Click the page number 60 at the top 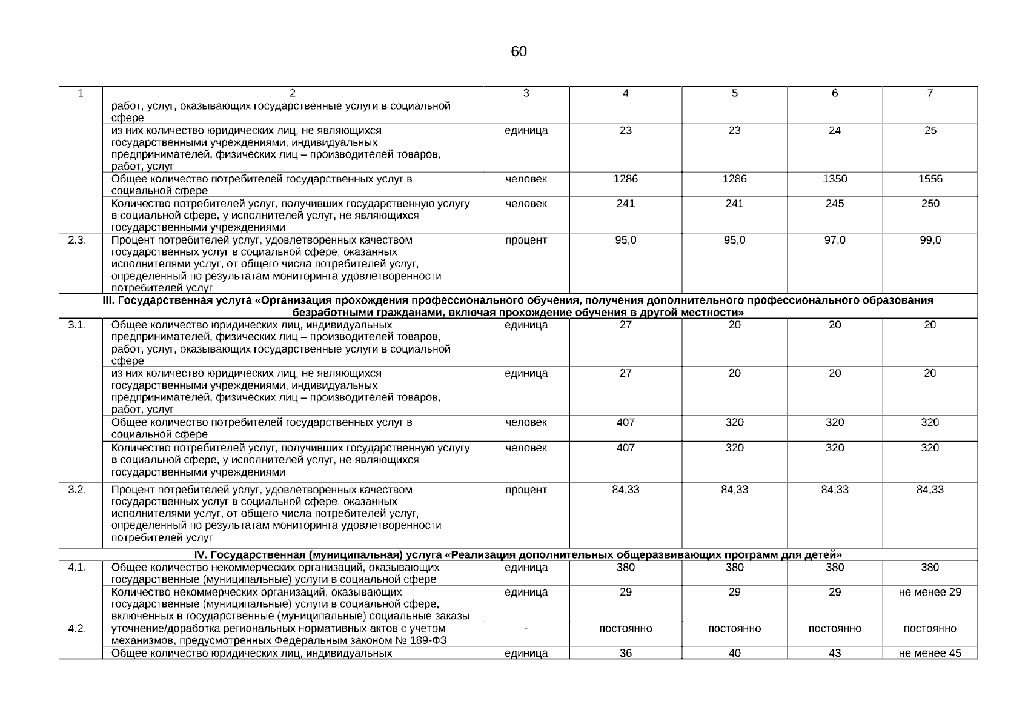(x=519, y=52)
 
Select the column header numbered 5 (x=734, y=93)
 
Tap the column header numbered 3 (x=526, y=93)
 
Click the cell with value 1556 (x=930, y=179)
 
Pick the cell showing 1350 (x=835, y=179)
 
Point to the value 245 (x=835, y=204)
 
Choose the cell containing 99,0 (x=930, y=240)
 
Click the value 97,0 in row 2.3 (x=835, y=240)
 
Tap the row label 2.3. (x=77, y=240)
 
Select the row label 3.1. (x=77, y=325)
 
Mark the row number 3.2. (x=77, y=490)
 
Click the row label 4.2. (x=77, y=629)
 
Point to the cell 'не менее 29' (x=930, y=592)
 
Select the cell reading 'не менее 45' (x=930, y=653)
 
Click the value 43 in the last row (x=835, y=653)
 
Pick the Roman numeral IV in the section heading (x=201, y=555)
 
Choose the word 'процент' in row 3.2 (x=526, y=490)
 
